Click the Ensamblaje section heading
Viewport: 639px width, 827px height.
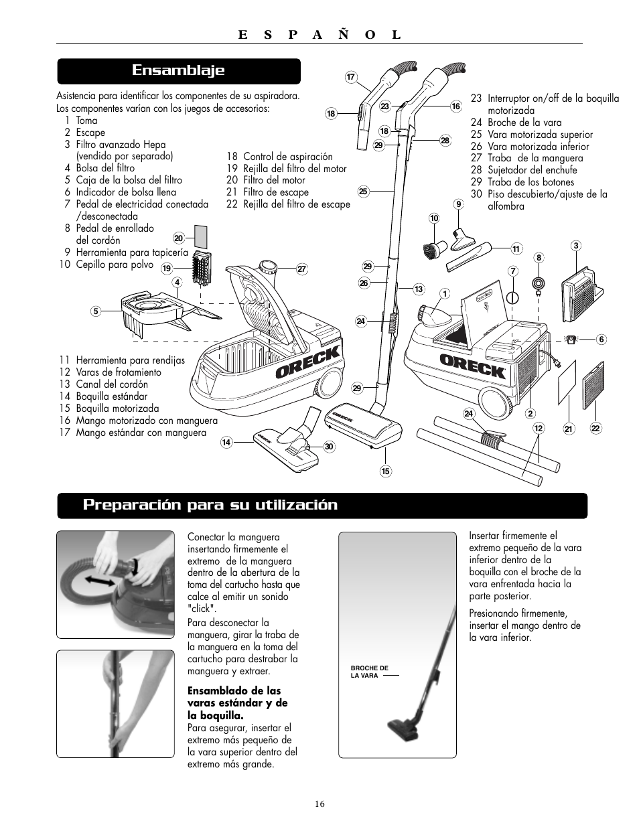(178, 70)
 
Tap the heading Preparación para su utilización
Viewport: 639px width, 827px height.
(210, 505)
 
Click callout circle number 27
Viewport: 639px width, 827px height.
(301, 269)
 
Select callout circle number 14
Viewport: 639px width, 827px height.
(226, 442)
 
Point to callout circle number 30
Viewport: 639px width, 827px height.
(329, 447)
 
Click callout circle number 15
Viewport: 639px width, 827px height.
(386, 471)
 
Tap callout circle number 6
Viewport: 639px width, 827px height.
(601, 340)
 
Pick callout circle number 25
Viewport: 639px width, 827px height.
(364, 192)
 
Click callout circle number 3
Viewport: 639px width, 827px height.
(576, 246)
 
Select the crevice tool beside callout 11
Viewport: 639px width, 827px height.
(469, 256)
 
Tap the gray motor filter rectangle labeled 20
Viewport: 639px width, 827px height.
(200, 237)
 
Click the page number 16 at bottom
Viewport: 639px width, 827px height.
(319, 804)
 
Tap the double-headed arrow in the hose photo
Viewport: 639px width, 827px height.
(100, 580)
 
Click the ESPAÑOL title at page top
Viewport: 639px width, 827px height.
(319, 35)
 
